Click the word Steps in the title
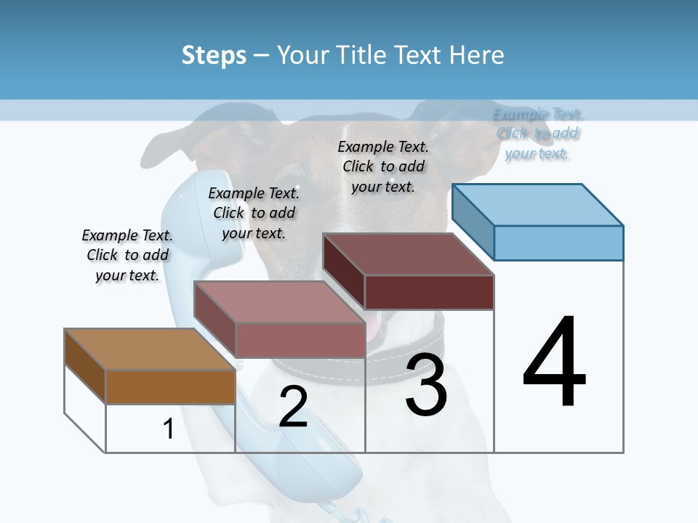(214, 55)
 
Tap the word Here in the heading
(477, 55)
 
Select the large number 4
(555, 362)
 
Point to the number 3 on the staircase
(426, 386)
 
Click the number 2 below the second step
(293, 407)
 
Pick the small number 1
(169, 429)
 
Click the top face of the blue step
(538, 204)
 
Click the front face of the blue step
(558, 243)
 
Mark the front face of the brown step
(170, 387)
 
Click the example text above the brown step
(127, 255)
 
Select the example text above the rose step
(254, 213)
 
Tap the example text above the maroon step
(383, 166)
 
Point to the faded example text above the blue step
(538, 134)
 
